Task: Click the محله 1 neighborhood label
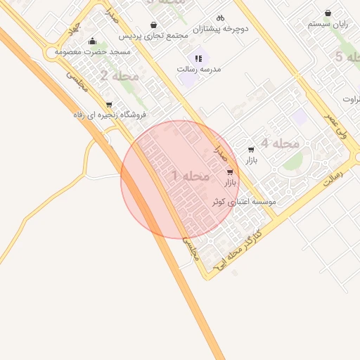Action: [191, 176]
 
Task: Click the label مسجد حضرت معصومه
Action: [86, 51]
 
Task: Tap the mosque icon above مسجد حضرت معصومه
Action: [92, 41]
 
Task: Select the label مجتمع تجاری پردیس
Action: [154, 34]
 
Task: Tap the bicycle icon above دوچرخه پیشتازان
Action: [220, 18]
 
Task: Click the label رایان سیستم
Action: [328, 24]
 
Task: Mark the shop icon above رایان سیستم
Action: [328, 13]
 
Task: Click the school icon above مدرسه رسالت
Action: [198, 58]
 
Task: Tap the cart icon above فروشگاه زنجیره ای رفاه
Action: [108, 105]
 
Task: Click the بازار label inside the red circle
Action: [231, 183]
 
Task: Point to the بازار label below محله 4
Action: [251, 161]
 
